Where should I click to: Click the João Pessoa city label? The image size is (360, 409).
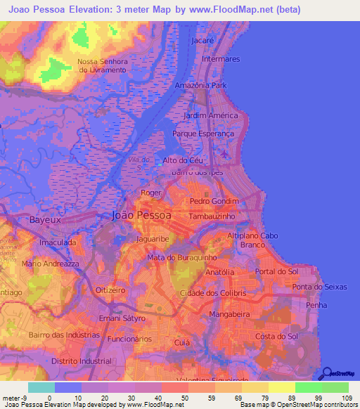pyautogui.click(x=141, y=216)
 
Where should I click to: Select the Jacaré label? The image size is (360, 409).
pyautogui.click(x=202, y=41)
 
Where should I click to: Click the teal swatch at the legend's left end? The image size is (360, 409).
pyautogui.click(x=41, y=387)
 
